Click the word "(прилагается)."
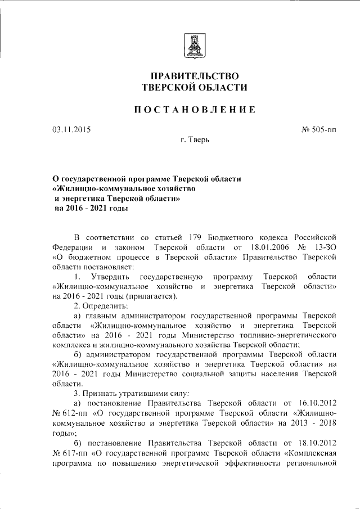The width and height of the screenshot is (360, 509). [152, 296]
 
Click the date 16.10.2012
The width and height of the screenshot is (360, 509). [318, 403]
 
